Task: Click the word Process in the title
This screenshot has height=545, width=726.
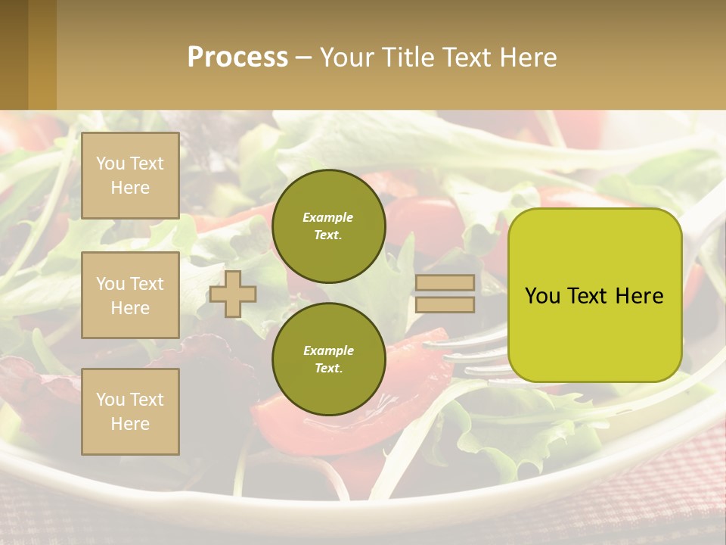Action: pos(237,57)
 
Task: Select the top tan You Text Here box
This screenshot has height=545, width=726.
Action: pos(130,176)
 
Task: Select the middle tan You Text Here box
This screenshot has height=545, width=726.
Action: pos(130,295)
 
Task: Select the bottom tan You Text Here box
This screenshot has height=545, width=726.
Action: pos(130,411)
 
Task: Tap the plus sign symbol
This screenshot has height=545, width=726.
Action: pos(233,294)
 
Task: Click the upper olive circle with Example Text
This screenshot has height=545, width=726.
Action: pos(328,226)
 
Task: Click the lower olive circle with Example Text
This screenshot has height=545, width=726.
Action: pos(328,359)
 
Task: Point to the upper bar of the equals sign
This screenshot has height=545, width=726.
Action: pos(445,283)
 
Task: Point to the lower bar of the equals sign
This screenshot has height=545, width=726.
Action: pos(445,305)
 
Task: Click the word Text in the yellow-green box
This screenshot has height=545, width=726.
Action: pos(588,296)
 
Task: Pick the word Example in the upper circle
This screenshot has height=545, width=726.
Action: pos(327,217)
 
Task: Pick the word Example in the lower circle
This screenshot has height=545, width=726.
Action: pos(328,350)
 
